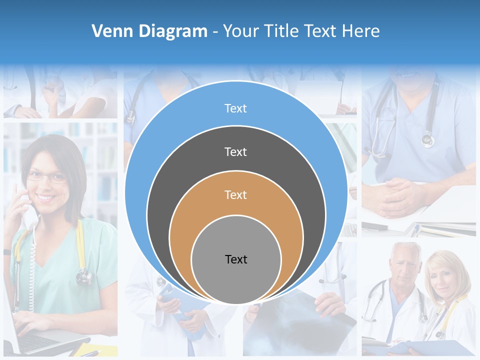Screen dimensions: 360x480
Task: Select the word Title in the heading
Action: (x=283, y=31)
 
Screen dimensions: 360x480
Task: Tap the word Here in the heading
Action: (x=360, y=31)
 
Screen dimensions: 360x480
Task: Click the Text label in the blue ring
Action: (x=235, y=108)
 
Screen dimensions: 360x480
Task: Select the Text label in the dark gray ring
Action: (x=235, y=151)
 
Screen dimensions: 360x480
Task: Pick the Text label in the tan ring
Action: (x=235, y=194)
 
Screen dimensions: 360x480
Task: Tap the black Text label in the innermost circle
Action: (x=236, y=259)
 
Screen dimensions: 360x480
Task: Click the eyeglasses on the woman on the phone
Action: (x=46, y=176)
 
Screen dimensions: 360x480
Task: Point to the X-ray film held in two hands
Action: (x=300, y=320)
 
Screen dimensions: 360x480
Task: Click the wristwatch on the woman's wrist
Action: (x=7, y=252)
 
